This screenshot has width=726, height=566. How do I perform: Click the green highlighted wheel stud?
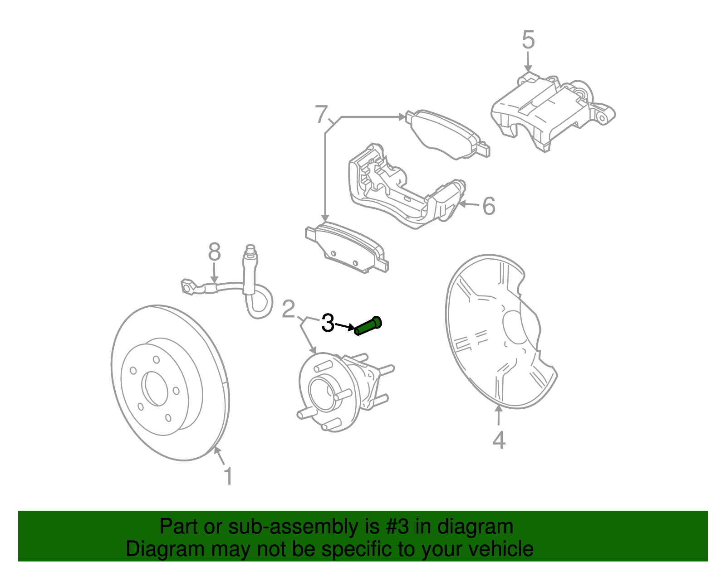(368, 326)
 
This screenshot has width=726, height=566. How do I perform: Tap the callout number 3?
(328, 323)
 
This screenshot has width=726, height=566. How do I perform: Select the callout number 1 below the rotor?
(228, 476)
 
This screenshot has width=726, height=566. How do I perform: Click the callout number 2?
(288, 310)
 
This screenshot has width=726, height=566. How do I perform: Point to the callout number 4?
(499, 440)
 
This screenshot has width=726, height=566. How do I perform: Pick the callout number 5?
(528, 40)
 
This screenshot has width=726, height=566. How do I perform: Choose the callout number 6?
(489, 206)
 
